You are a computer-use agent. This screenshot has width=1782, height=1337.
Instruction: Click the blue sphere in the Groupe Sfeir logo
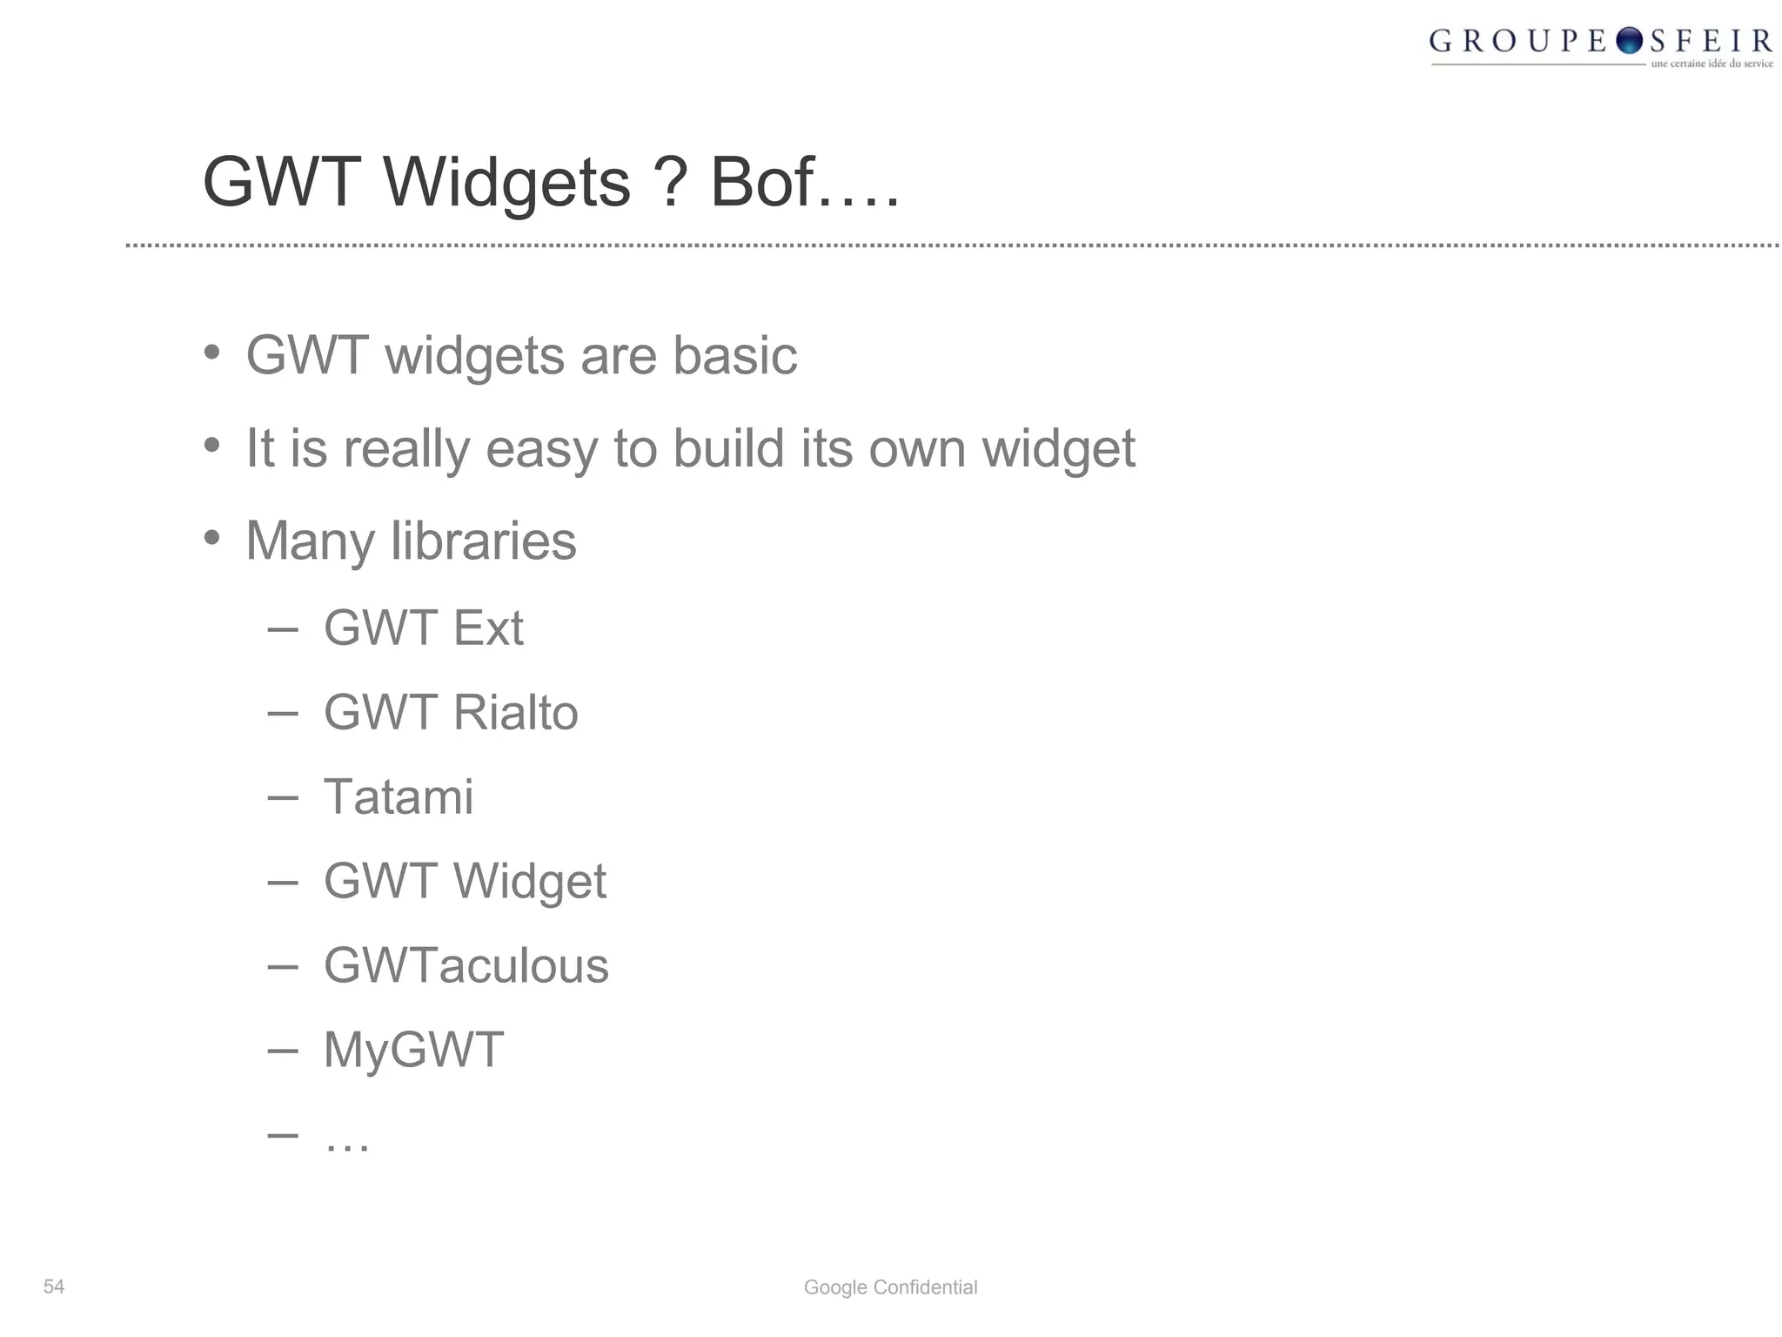click(1628, 41)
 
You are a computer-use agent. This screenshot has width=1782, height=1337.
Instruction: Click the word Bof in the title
click(762, 183)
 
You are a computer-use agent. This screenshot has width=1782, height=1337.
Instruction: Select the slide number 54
click(54, 1287)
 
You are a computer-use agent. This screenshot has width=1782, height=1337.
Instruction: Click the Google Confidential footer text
click(890, 1287)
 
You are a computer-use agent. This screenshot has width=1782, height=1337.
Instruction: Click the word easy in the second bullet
click(541, 448)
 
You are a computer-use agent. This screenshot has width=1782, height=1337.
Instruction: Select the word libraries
click(483, 541)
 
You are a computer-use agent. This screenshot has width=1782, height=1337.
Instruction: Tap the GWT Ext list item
click(423, 628)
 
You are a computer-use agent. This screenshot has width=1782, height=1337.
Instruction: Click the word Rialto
click(515, 712)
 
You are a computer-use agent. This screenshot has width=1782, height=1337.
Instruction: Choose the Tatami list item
click(399, 796)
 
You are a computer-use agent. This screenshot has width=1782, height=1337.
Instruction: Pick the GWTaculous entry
click(466, 965)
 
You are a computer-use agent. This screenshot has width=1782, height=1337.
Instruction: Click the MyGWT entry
click(413, 1049)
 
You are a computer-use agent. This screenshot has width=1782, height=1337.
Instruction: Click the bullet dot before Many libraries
click(211, 538)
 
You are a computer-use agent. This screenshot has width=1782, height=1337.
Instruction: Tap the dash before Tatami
click(283, 796)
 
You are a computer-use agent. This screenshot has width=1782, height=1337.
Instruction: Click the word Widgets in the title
click(506, 183)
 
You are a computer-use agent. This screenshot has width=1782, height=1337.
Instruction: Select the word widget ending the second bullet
click(1058, 448)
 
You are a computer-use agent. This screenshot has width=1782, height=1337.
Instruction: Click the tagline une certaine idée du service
click(1712, 64)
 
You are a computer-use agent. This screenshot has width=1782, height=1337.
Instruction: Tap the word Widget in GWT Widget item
click(529, 881)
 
